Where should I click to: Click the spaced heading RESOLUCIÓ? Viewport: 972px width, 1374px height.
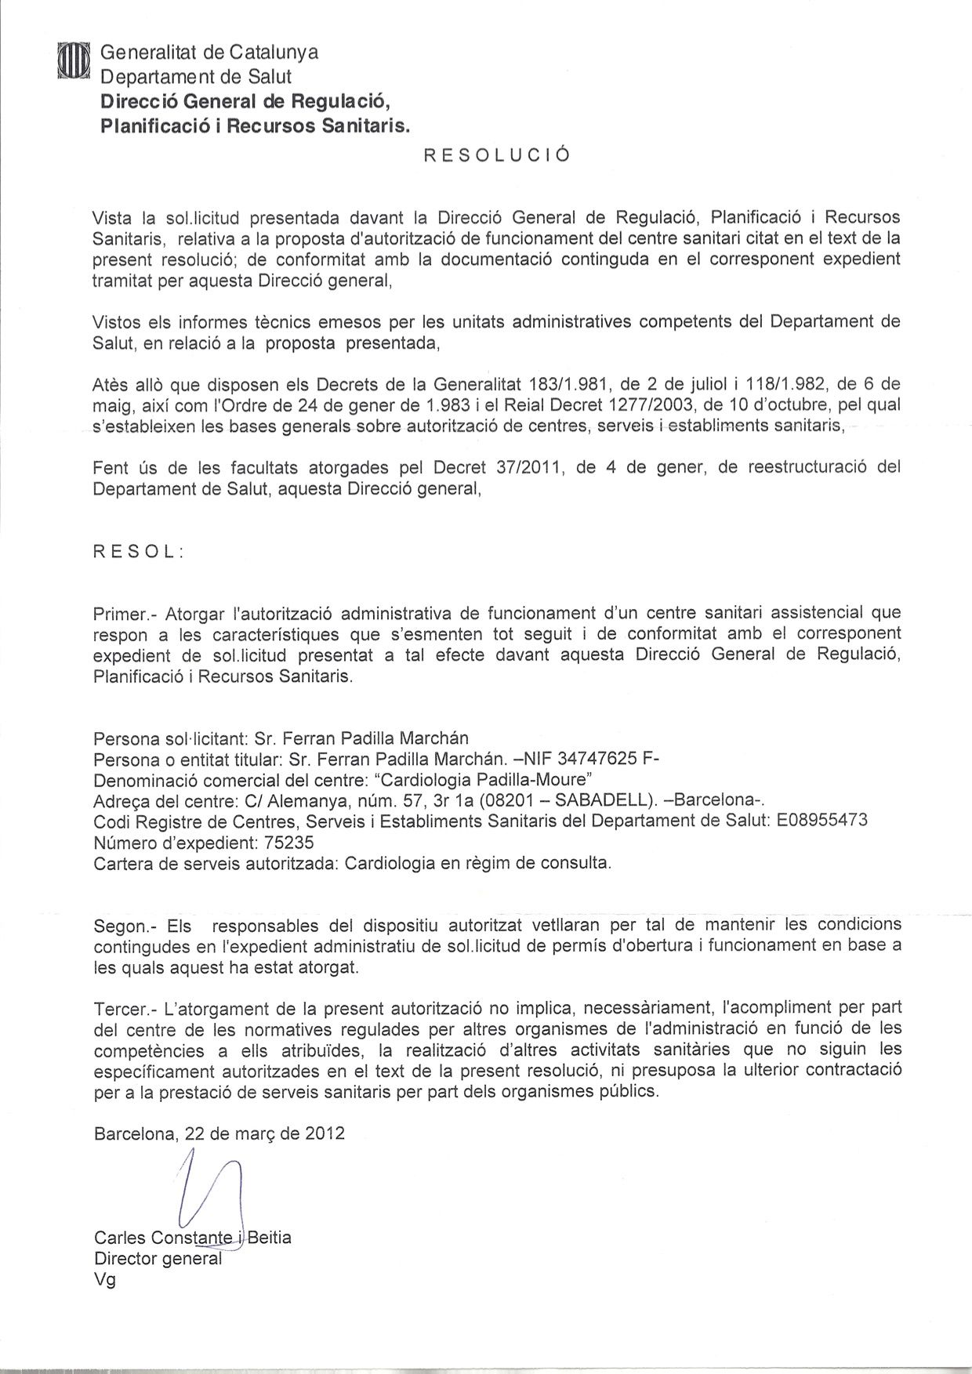tap(496, 155)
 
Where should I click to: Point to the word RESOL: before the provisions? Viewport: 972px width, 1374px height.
tap(138, 551)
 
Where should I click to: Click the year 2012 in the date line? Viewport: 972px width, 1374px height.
tap(325, 1133)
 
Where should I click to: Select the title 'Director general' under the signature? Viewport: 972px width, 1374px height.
tap(158, 1260)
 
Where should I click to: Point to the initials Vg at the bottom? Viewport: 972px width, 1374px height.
tap(104, 1282)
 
